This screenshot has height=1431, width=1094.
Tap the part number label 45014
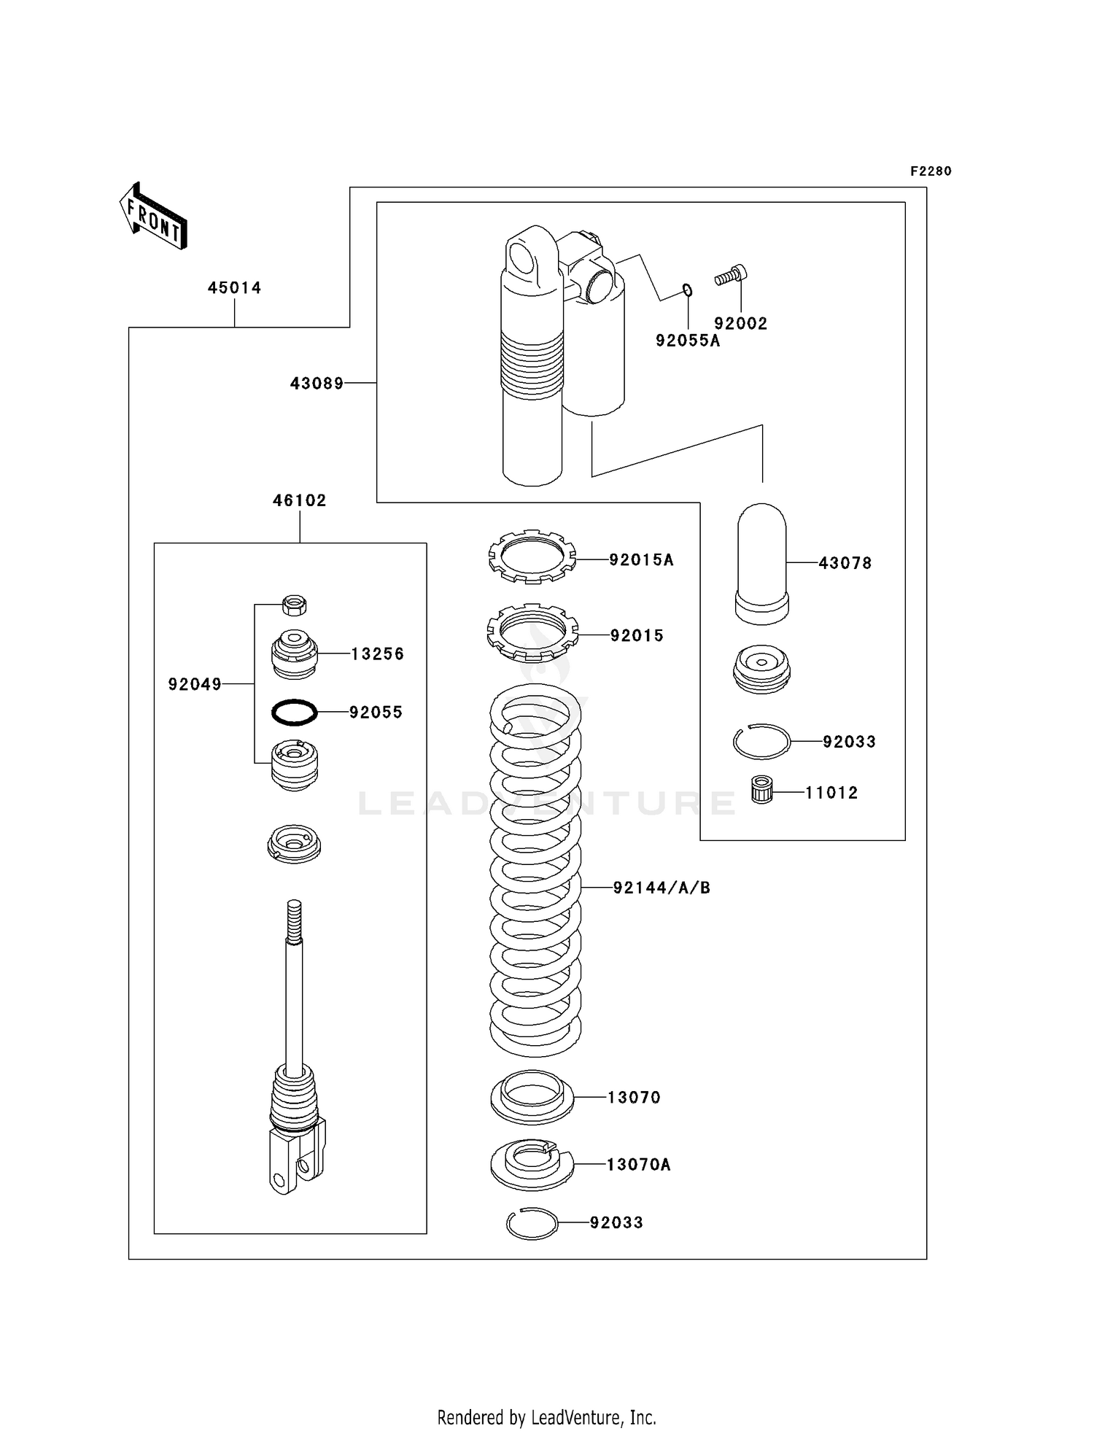[x=234, y=288]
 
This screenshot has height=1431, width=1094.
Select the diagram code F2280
[x=931, y=171]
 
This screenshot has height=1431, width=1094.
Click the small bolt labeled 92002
[x=730, y=276]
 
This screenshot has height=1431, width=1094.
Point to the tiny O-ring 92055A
[x=687, y=291]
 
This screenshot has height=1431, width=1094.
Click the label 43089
[x=317, y=383]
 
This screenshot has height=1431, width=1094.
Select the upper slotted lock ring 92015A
[x=532, y=557]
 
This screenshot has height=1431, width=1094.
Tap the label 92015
[x=637, y=636]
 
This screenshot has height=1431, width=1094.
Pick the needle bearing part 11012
[x=761, y=791]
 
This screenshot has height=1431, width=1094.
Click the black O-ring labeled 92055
[x=294, y=712]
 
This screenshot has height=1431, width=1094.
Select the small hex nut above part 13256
[x=294, y=605]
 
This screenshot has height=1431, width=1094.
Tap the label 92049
[x=195, y=684]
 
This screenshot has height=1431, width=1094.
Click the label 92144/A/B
[x=662, y=888]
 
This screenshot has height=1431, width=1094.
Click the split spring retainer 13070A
[x=532, y=1164]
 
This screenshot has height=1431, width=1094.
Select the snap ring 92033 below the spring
[x=532, y=1223]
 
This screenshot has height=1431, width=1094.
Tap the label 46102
[x=299, y=500]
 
